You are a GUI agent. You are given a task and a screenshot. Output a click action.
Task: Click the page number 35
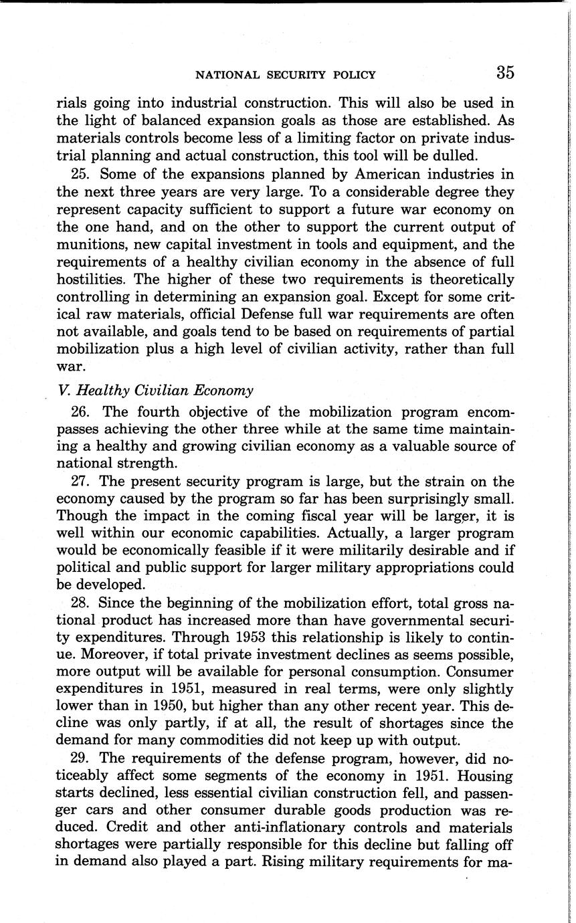coord(505,73)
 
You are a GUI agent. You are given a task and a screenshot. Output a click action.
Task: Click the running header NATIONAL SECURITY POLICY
coord(284,75)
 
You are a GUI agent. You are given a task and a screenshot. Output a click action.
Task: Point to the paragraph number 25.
coord(79,175)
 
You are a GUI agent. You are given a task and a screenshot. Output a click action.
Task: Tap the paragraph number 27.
coord(79,482)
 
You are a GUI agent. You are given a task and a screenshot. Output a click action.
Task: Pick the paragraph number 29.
coord(79,759)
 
